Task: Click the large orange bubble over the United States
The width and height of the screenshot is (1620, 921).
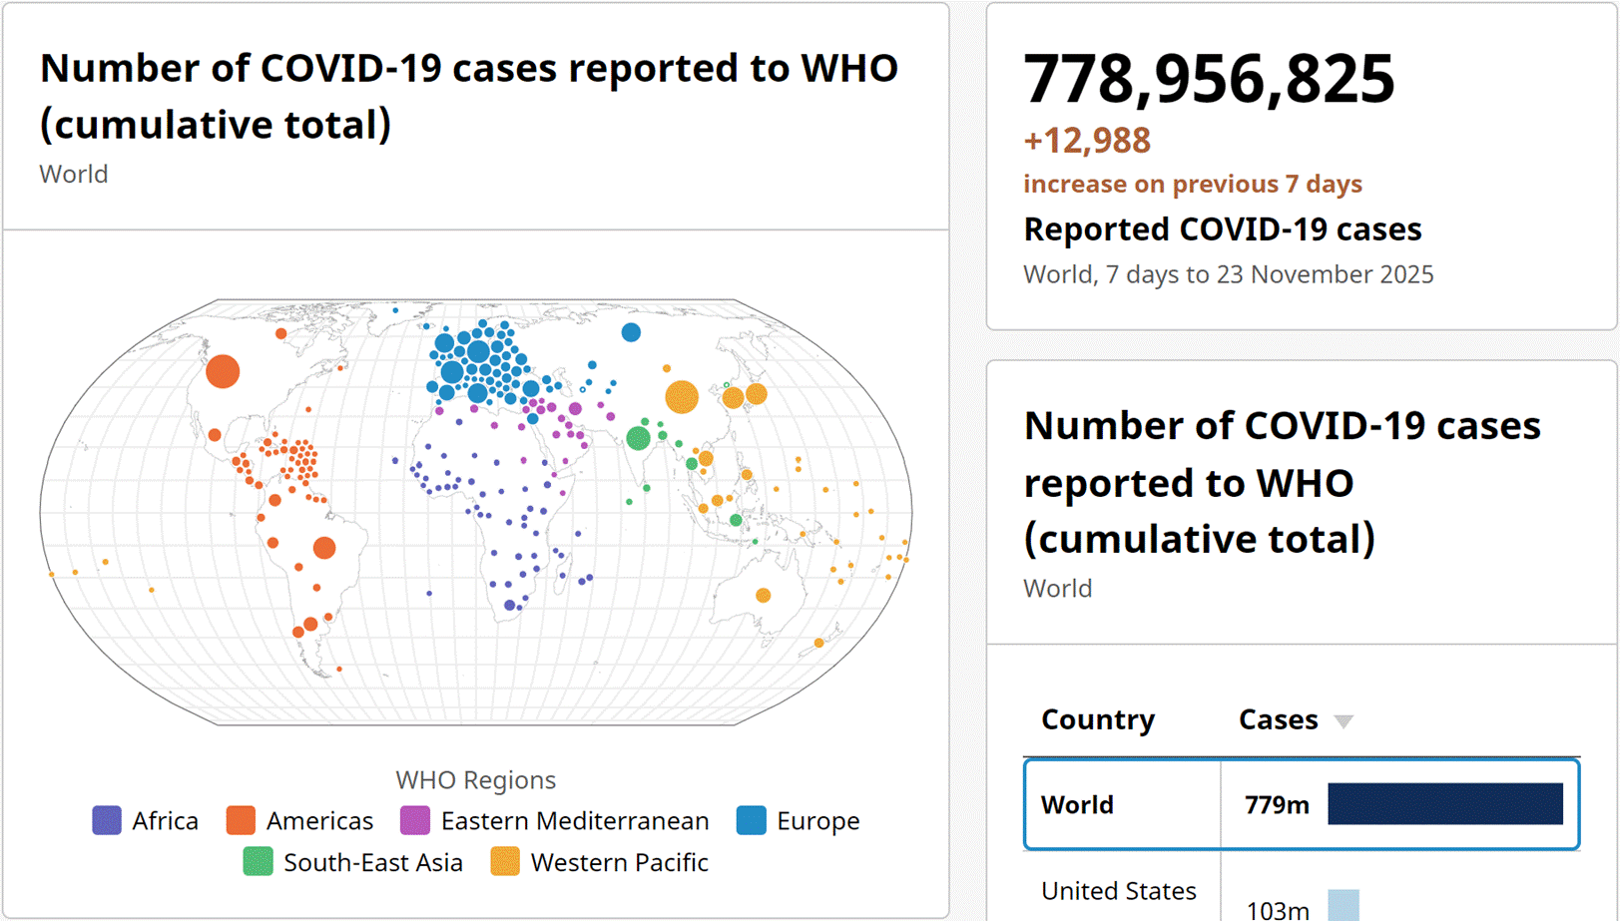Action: (x=223, y=371)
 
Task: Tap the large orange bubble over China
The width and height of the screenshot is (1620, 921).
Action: (x=682, y=396)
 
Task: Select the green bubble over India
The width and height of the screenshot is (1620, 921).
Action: (x=638, y=437)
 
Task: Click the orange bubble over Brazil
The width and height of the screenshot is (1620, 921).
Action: (x=324, y=548)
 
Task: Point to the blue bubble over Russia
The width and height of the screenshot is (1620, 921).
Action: (x=631, y=332)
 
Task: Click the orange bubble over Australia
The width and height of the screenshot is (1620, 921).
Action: (x=764, y=596)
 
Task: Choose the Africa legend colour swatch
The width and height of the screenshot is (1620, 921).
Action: (x=107, y=820)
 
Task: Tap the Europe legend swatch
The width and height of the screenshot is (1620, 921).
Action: (x=752, y=820)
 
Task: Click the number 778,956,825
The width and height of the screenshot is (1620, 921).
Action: (x=1209, y=79)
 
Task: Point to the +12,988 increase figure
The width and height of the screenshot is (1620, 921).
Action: (x=1087, y=141)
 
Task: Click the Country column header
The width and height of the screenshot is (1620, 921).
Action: (x=1098, y=719)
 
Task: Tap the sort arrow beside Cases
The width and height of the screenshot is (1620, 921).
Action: (x=1344, y=721)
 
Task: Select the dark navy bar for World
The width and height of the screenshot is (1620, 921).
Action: (x=1444, y=804)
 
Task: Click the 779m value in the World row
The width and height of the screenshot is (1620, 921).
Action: (x=1277, y=805)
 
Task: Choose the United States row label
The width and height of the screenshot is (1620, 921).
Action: (x=1118, y=890)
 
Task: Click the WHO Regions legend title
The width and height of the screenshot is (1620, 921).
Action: (x=475, y=779)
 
